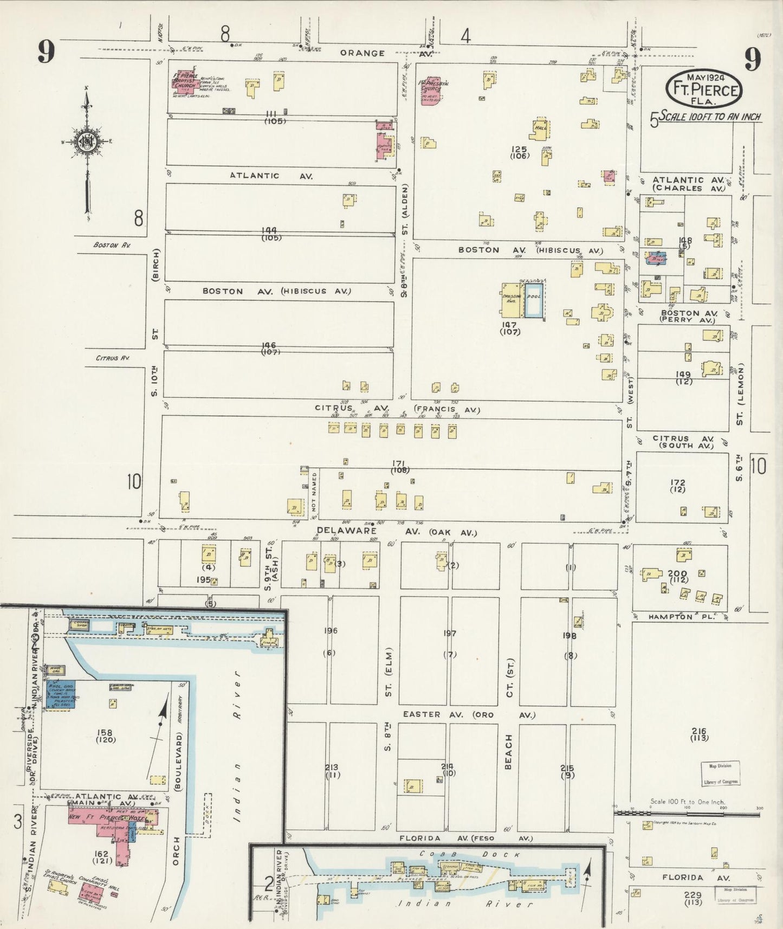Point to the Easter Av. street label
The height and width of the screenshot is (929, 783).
(x=422, y=714)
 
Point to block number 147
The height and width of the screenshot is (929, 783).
(x=509, y=325)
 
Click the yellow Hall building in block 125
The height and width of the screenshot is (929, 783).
(x=539, y=130)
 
